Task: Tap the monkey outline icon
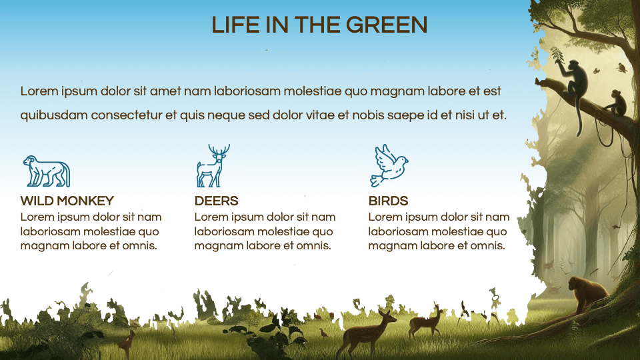[46, 171]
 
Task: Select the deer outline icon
[211, 167]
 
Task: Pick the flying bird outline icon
[389, 166]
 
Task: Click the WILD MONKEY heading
[67, 201]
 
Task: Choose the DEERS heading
[216, 201]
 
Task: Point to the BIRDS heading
[388, 201]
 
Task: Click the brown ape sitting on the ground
[585, 293]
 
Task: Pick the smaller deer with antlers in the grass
[427, 322]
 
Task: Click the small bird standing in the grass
[324, 332]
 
